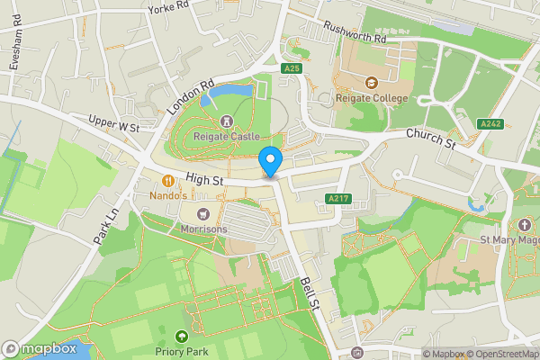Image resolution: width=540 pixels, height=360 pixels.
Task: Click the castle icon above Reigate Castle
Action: pos(226,121)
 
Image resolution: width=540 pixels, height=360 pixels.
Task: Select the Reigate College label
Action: pos(372,98)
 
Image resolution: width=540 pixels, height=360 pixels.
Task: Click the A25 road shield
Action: pos(290,68)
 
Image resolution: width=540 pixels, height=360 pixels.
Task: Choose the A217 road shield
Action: pos(338,198)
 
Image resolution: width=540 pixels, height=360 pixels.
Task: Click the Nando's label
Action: pos(167,195)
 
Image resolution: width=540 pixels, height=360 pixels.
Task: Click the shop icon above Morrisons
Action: pos(202,213)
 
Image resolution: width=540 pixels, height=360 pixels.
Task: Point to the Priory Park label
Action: pos(182,352)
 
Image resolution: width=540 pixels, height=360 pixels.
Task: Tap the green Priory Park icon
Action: pos(182,337)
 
